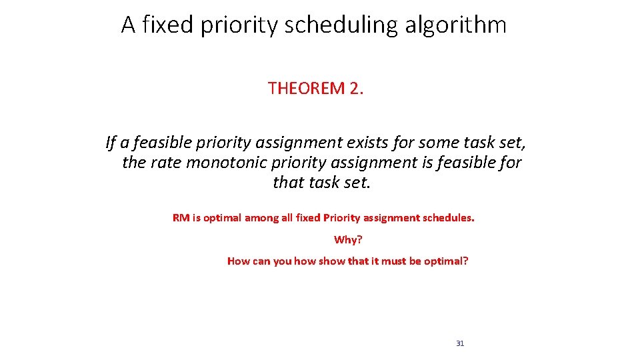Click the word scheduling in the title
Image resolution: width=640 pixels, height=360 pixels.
tap(340, 25)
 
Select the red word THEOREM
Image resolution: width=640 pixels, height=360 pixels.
tap(306, 88)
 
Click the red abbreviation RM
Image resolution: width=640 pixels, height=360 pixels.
tap(181, 218)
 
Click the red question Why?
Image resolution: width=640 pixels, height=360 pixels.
tap(348, 239)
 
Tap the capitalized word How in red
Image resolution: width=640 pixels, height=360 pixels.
tap(239, 261)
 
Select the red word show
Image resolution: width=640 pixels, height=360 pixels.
tap(331, 261)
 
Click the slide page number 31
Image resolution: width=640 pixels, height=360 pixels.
tap(460, 343)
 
